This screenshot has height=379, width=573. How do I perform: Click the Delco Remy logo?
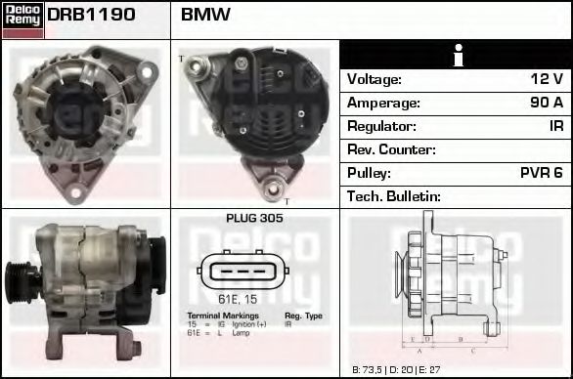click(x=22, y=20)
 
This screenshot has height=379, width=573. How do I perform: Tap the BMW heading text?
click(x=206, y=16)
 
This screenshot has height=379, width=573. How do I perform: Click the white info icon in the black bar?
click(x=456, y=56)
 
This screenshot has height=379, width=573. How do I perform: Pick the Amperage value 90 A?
click(x=545, y=103)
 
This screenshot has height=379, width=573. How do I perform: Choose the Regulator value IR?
click(x=555, y=126)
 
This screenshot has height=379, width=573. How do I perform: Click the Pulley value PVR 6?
click(x=541, y=173)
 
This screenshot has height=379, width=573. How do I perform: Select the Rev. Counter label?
click(x=391, y=149)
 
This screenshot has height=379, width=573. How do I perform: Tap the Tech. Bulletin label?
click(x=394, y=196)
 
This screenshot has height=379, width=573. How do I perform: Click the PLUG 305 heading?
click(x=254, y=219)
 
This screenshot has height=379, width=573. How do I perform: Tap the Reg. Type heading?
click(x=303, y=316)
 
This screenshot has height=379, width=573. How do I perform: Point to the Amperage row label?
click(x=384, y=103)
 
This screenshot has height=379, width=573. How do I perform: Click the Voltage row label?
click(x=375, y=79)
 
